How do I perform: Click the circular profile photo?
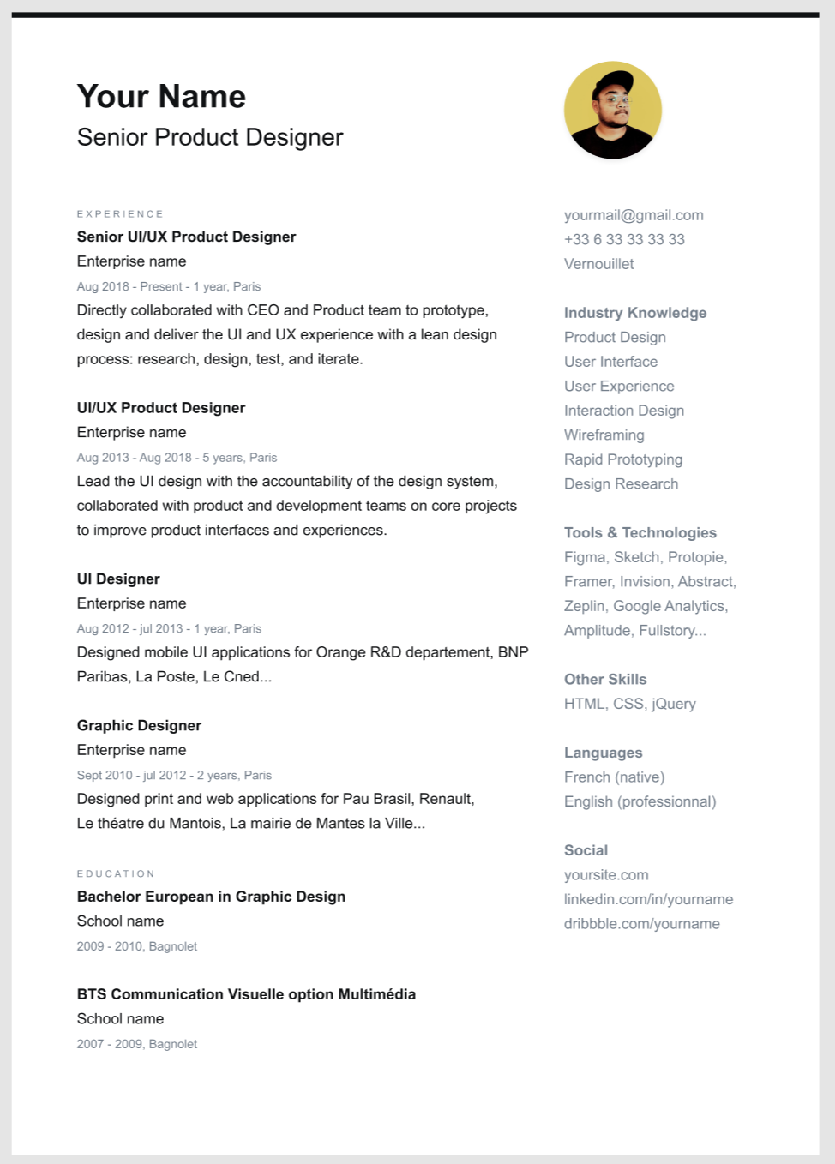[612, 110]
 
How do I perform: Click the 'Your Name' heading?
[161, 97]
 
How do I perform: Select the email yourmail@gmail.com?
[634, 215]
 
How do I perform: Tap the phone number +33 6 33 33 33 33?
[624, 240]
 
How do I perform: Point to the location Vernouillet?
[598, 264]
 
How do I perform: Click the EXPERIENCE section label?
[120, 214]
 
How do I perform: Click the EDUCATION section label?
[116, 874]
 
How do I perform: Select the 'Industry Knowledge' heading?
[635, 313]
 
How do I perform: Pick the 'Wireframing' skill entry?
[604, 435]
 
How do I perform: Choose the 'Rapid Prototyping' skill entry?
[623, 459]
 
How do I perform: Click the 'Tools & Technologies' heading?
[640, 533]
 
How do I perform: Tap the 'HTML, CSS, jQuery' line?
[629, 704]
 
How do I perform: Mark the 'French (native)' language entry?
[614, 777]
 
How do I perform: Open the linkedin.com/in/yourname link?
[648, 899]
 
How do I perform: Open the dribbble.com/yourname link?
[641, 924]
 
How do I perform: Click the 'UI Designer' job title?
[118, 579]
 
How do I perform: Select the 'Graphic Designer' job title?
[139, 726]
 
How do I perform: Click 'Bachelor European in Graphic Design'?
[211, 897]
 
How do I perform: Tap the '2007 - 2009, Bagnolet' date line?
[137, 1044]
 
